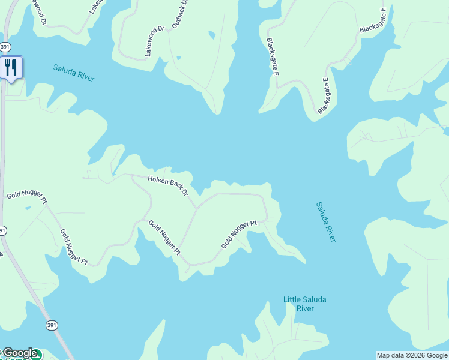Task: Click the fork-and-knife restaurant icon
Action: (10, 67)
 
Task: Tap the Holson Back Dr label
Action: (160, 184)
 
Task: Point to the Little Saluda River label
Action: (306, 304)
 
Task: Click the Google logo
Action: (19, 353)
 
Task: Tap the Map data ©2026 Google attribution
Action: (412, 355)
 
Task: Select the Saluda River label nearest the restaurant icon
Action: (74, 73)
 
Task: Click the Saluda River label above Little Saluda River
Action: (326, 221)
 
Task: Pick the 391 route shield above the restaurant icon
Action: (5, 46)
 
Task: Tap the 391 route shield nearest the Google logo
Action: (52, 325)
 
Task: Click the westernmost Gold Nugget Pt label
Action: (26, 196)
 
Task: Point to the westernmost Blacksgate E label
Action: (272, 57)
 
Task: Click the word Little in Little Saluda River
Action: (293, 299)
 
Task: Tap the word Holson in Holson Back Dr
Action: (143, 178)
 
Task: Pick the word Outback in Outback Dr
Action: (178, 17)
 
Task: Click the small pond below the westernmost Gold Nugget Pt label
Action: (27, 208)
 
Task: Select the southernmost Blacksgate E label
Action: (324, 96)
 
